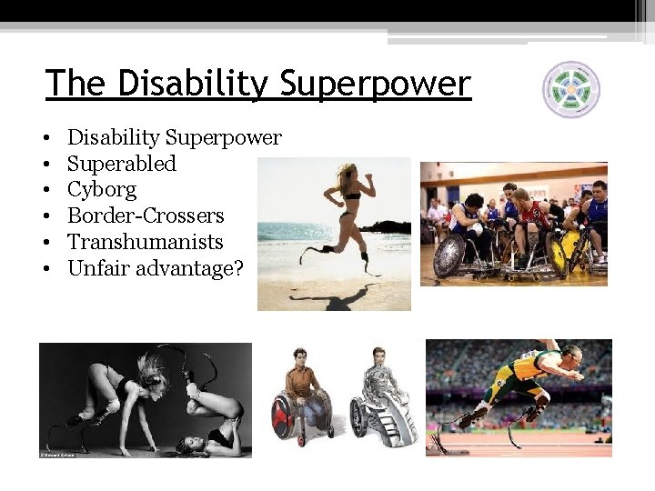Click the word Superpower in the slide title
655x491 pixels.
[376, 85]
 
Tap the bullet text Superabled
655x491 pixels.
[122, 164]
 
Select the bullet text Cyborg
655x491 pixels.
[102, 190]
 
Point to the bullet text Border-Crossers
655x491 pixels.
[146, 215]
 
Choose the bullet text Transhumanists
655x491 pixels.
[145, 242]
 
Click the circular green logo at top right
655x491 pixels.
[571, 89]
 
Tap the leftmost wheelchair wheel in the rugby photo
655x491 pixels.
[451, 256]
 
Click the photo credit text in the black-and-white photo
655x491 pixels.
[57, 453]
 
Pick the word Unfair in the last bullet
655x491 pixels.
[94, 268]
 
